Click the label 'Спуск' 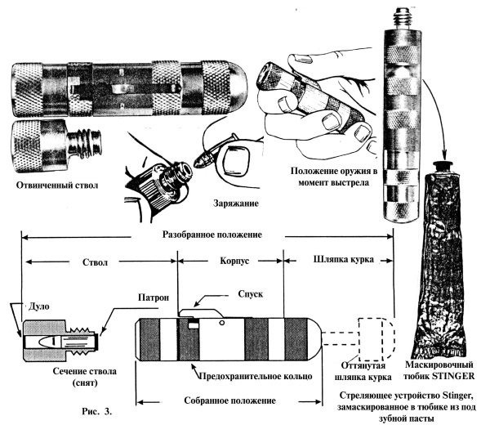pyautogui.click(x=249, y=292)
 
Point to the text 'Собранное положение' pyautogui.click(x=224, y=400)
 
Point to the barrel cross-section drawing pyautogui.click(x=62, y=335)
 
